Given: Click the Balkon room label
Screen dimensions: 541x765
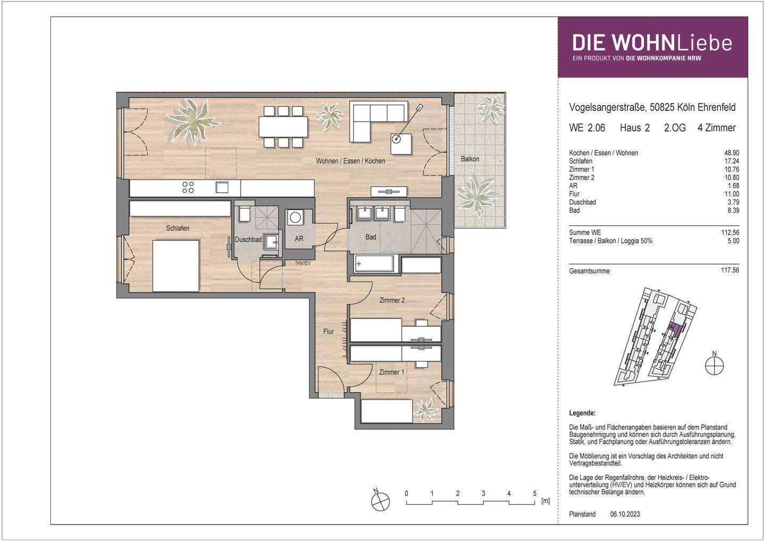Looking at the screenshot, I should [470, 159].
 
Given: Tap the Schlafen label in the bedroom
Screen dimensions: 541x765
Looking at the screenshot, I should [177, 228].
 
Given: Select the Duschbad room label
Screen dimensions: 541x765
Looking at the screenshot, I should [248, 240].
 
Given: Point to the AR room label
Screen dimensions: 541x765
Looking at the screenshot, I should [299, 239].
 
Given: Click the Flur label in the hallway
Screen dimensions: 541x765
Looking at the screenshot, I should [328, 331].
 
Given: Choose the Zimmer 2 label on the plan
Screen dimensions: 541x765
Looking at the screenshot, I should [392, 300].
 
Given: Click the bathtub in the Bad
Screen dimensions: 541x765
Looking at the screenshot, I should [375, 263].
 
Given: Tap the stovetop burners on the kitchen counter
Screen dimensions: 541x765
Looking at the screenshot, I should [188, 187].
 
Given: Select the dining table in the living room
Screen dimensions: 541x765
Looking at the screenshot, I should [283, 126].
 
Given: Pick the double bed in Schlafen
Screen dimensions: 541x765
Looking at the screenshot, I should [176, 265].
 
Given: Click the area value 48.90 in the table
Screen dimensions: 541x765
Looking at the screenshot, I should [731, 153].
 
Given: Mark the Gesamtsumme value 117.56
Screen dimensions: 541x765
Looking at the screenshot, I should [730, 270].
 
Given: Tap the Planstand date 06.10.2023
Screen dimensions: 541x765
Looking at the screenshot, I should [625, 514].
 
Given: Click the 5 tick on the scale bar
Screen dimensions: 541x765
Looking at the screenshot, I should [534, 494].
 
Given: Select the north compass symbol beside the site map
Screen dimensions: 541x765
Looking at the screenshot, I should [715, 365].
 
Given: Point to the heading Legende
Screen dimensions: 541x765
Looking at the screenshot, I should [582, 413].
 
